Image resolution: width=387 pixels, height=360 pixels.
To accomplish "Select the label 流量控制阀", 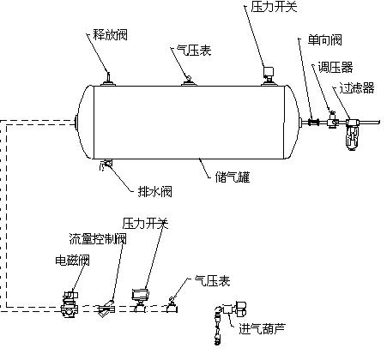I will pyautogui.click(x=99, y=239).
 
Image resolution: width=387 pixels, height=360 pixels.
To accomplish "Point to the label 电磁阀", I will pyautogui.click(x=72, y=260).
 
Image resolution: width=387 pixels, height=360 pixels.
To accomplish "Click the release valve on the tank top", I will pyautogui.click(x=108, y=79).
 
